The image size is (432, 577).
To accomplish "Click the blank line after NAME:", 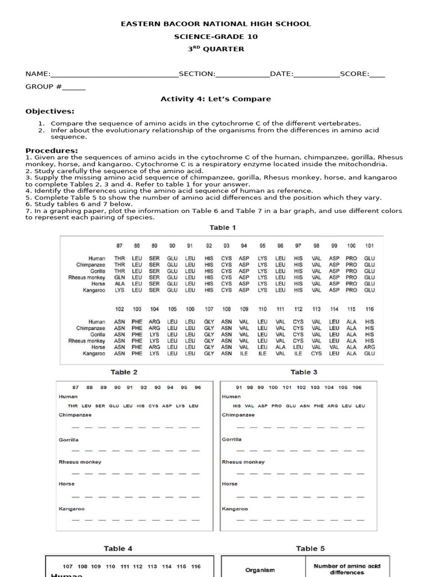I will (x=114, y=74).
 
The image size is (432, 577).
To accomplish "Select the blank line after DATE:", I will (x=316, y=74).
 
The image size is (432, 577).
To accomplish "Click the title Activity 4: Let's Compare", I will (x=215, y=99).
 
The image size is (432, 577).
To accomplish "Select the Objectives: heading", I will (x=49, y=111).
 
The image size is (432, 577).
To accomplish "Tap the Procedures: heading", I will (x=52, y=150).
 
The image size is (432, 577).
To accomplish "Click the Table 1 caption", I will (x=223, y=228).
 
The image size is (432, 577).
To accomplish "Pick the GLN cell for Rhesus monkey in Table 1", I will (x=119, y=278).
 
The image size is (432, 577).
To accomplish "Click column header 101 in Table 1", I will (x=369, y=246).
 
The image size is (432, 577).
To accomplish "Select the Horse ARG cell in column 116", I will (x=369, y=348).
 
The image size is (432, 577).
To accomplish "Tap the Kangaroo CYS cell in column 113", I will (x=317, y=354).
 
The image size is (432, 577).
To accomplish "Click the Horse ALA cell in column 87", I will (x=119, y=284).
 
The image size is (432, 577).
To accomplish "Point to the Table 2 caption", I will (x=124, y=372).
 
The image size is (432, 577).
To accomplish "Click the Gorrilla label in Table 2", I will (x=69, y=440).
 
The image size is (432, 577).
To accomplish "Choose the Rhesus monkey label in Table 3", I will (x=243, y=462).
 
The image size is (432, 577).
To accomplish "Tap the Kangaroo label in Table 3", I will (x=235, y=509).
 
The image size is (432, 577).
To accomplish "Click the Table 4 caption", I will (x=118, y=548).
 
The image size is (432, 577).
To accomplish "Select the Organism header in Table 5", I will (x=260, y=570).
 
